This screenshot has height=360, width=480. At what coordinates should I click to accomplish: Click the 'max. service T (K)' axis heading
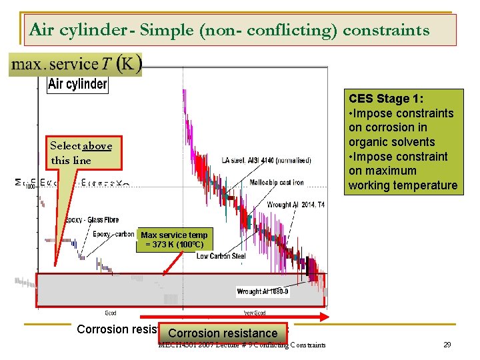(x=75, y=65)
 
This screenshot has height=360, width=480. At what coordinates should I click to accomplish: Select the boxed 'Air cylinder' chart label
(x=77, y=84)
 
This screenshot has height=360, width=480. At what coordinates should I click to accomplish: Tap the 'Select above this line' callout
(x=81, y=153)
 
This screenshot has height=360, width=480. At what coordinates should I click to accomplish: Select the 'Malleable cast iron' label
(x=277, y=183)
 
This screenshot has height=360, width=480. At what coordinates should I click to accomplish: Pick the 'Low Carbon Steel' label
(x=221, y=256)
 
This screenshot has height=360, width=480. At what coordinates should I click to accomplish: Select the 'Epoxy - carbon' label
(x=113, y=234)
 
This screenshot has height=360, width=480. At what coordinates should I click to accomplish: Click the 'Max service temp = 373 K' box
(x=174, y=239)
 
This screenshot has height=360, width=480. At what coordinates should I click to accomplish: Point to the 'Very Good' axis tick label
(x=255, y=312)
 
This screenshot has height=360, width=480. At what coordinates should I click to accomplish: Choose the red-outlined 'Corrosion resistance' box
(x=223, y=333)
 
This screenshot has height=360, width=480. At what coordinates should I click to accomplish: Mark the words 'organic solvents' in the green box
(x=391, y=142)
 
